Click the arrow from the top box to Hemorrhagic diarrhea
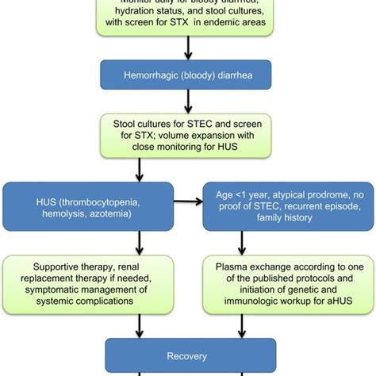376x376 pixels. coord(188,49)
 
